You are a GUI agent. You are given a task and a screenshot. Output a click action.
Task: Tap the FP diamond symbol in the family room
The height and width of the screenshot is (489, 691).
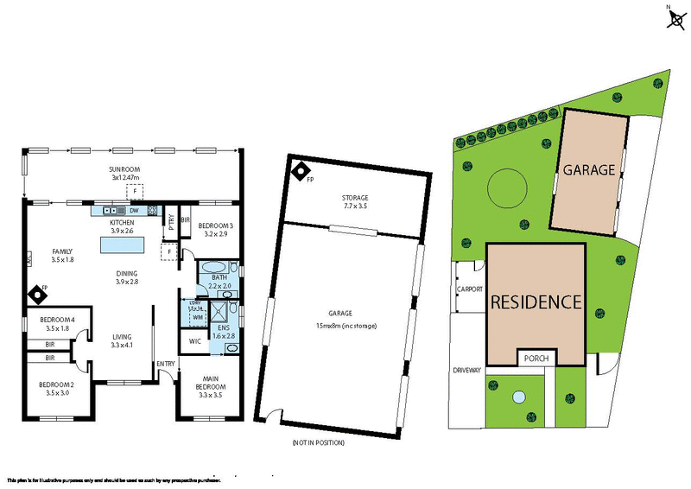39,295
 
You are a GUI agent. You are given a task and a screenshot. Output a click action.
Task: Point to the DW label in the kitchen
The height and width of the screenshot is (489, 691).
136,210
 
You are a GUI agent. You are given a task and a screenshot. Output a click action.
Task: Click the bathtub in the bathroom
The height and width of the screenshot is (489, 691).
213,267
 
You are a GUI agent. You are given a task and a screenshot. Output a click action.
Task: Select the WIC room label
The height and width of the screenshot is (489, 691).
194,340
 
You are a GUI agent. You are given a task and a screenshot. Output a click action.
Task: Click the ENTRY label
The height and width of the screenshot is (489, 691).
166,364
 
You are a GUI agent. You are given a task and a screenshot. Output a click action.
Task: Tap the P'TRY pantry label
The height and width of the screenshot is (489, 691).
172,218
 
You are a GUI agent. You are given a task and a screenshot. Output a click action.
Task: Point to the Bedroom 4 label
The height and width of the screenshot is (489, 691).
56,320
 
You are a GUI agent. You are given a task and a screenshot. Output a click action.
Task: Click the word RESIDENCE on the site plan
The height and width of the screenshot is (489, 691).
536,302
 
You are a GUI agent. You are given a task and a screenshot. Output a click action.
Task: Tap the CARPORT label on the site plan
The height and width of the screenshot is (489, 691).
469,289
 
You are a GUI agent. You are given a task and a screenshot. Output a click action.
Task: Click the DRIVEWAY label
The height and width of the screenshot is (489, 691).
467,370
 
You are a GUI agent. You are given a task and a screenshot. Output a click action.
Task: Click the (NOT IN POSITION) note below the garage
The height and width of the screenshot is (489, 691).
319,442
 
